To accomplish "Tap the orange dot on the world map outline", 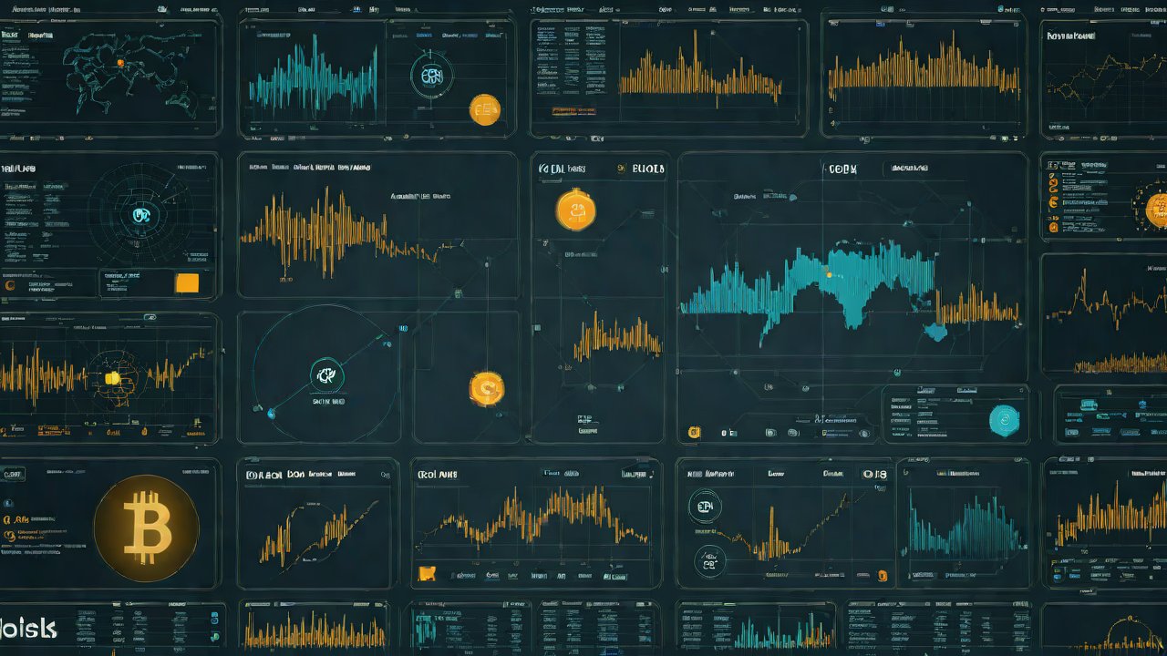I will click(x=119, y=63).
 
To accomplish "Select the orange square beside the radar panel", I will click(x=187, y=282).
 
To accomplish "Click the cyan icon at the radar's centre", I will click(x=142, y=215).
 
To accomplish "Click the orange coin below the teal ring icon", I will click(x=484, y=109).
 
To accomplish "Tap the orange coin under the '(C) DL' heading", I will click(x=576, y=210).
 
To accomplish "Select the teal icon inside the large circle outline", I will click(x=325, y=371).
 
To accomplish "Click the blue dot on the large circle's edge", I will click(x=271, y=413).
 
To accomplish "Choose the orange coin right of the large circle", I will click(x=486, y=389).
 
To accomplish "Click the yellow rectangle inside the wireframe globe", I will click(x=112, y=378).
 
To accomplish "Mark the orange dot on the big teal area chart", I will click(x=828, y=272).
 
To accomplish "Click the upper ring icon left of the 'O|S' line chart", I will click(x=703, y=507).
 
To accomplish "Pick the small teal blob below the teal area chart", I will click(x=936, y=332).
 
